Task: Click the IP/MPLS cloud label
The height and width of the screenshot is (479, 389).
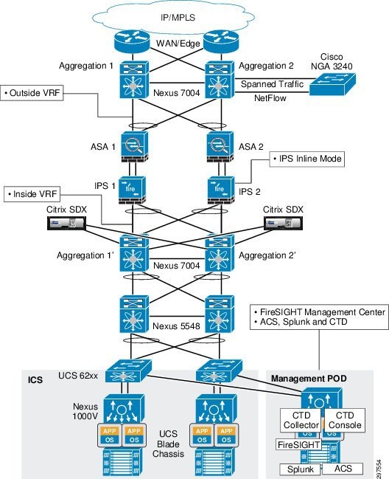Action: point(178,18)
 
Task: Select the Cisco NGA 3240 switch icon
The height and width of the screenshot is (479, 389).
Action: point(332,83)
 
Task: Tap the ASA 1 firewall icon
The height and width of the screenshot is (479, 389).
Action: point(134,147)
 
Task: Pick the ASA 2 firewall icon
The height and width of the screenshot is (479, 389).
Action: point(220,147)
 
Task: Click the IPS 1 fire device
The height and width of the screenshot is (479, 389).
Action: point(132,190)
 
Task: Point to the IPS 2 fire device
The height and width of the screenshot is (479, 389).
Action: point(221,190)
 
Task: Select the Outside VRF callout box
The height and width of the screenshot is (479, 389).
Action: point(32,93)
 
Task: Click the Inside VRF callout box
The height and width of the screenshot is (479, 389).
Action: point(32,194)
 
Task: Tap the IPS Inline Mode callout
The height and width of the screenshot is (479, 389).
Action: point(307,159)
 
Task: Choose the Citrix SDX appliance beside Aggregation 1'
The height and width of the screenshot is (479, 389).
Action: point(66,223)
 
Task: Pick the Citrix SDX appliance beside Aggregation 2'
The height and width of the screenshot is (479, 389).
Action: point(283,223)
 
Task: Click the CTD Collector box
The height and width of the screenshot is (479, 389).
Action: point(301,420)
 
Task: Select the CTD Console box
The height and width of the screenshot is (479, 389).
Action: point(345,420)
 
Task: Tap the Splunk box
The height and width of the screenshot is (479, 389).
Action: point(301,469)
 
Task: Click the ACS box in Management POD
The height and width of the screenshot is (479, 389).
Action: point(343,469)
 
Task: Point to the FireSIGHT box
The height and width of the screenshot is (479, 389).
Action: point(299,445)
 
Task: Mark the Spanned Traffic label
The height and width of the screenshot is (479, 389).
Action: point(272,84)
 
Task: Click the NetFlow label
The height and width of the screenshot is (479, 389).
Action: point(270,98)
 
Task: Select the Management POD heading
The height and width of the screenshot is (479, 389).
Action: point(309,379)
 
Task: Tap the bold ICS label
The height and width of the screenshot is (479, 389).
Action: point(35,379)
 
